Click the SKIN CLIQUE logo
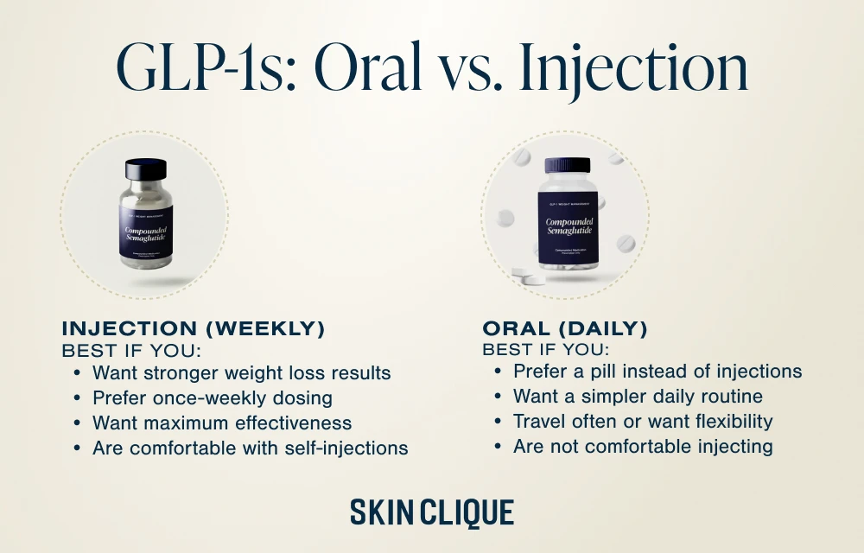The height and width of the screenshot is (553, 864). tap(432, 512)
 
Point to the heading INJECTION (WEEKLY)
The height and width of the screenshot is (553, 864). tap(194, 328)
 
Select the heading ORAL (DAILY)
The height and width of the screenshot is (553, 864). tap(565, 328)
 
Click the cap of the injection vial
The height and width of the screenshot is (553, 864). tap(144, 168)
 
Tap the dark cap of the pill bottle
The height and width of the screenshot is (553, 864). tap(567, 165)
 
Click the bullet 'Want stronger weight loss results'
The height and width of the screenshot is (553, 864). tap(241, 373)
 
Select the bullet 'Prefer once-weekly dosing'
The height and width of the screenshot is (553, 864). tap(213, 398)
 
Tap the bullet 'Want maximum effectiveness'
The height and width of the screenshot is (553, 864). tap(222, 423)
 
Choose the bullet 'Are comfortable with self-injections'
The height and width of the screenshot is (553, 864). tap(250, 448)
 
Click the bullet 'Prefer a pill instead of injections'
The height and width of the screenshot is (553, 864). tap(657, 372)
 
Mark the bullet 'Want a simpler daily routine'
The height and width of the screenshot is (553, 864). tap(638, 397)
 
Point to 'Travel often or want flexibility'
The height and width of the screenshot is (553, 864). tap(642, 422)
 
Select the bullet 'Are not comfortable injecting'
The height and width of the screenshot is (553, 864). tap(642, 447)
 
